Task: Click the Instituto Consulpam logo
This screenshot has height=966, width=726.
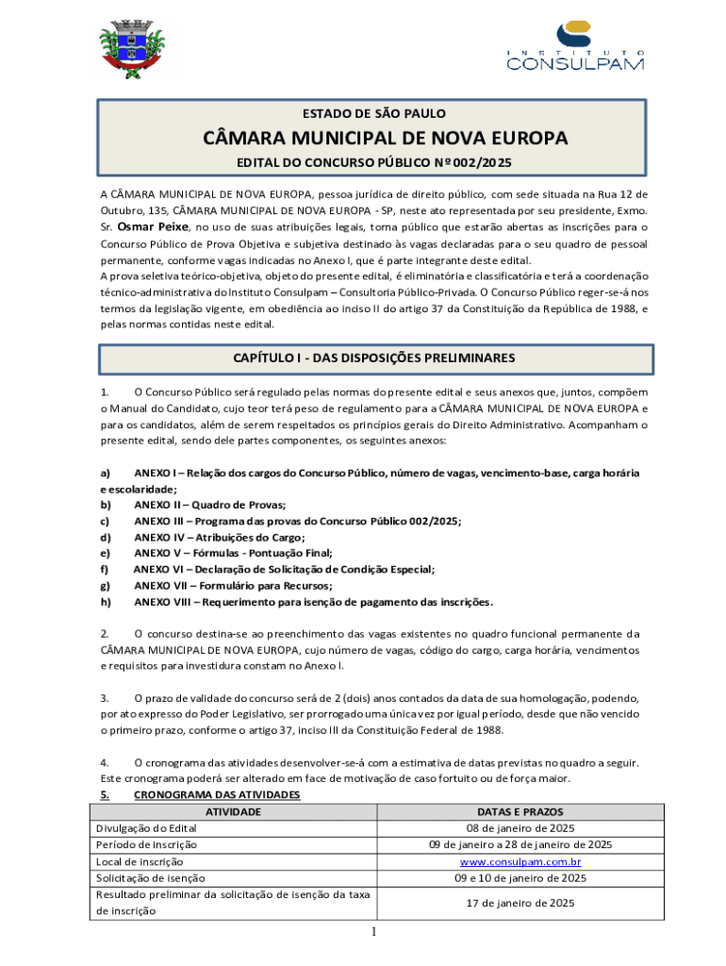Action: (x=574, y=47)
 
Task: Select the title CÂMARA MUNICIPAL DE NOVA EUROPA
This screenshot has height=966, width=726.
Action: (x=386, y=139)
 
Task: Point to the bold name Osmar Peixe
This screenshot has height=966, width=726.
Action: (x=154, y=227)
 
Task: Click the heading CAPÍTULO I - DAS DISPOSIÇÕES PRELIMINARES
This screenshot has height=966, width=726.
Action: (x=374, y=358)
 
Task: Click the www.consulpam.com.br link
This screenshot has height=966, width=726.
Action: (x=520, y=861)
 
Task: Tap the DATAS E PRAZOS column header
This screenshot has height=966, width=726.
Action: (x=520, y=811)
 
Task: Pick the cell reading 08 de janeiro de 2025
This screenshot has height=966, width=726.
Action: (x=520, y=828)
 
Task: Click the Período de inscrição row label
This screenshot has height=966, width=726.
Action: (x=147, y=844)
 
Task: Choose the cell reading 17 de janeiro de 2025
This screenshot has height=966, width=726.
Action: (x=520, y=903)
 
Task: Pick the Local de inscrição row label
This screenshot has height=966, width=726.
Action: (x=140, y=861)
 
